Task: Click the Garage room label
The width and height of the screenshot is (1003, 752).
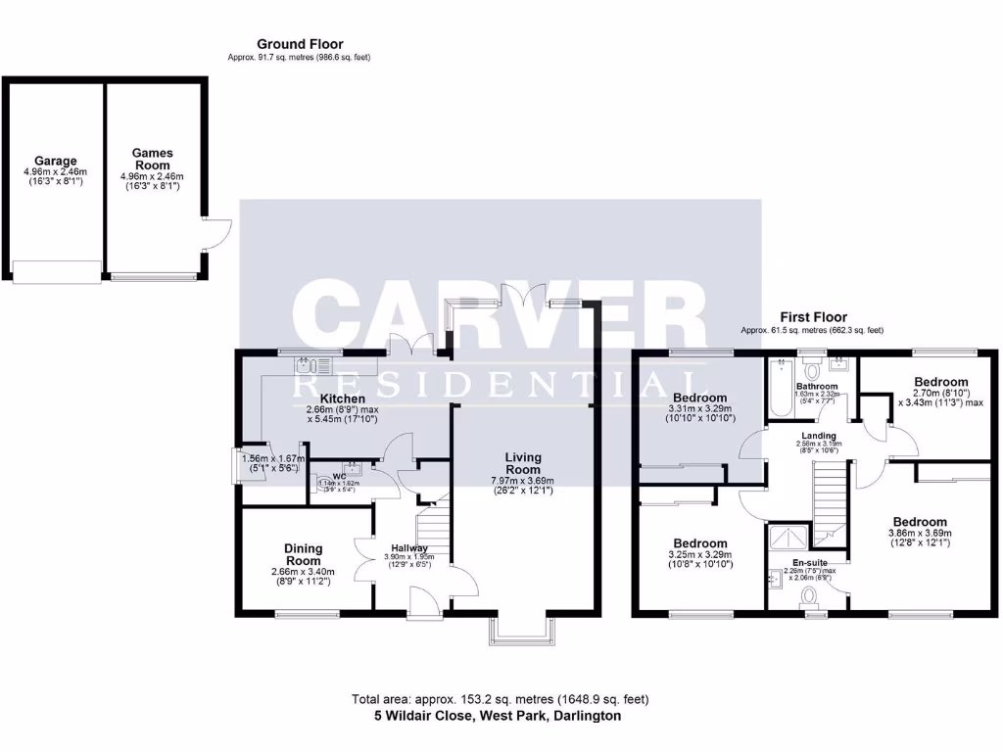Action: (56, 161)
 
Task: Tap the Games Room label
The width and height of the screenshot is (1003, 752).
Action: (153, 160)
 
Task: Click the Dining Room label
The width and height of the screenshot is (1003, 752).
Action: (304, 555)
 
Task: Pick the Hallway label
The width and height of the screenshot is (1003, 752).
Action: (409, 547)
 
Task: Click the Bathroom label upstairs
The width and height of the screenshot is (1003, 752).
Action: (816, 387)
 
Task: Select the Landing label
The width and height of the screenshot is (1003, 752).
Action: (819, 436)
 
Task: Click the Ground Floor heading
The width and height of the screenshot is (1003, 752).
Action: (300, 44)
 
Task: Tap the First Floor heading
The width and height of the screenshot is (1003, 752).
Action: (813, 317)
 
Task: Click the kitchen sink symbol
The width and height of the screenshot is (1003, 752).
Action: (315, 367)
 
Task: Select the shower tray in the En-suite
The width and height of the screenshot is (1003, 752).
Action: (788, 538)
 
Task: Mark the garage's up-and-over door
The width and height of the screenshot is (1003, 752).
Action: (56, 271)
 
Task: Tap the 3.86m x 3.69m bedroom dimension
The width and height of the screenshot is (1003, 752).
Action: (920, 533)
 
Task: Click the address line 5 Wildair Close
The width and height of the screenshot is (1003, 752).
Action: (498, 716)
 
